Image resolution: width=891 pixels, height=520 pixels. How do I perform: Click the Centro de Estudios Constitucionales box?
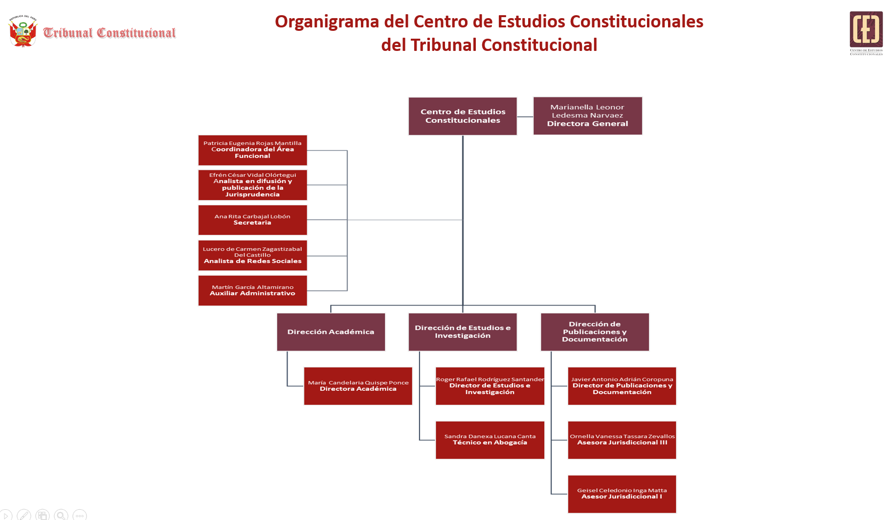463,116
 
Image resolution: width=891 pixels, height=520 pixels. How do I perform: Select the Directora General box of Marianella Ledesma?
587,116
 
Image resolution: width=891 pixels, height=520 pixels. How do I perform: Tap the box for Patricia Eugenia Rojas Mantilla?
252,150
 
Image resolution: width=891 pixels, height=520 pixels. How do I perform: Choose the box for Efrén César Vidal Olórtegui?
252,185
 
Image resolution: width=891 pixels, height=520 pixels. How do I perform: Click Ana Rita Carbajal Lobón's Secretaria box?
252,220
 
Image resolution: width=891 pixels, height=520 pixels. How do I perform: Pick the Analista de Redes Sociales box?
252,255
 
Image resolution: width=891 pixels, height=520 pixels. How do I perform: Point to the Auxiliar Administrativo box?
252,290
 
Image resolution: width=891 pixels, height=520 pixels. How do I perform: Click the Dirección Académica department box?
331,332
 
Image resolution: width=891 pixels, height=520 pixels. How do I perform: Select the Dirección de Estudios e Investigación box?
463,332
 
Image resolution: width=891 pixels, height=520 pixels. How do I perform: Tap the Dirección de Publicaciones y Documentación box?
595,332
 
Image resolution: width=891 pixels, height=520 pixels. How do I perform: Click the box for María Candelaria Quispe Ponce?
358,386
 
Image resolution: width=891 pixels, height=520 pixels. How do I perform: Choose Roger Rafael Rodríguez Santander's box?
490,386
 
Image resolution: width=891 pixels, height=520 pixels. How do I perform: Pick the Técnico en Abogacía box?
490,440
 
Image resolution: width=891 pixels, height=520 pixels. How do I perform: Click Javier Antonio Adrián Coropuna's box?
622,386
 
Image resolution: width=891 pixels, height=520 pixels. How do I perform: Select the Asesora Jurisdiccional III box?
622,440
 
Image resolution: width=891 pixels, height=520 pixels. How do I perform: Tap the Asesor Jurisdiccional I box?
622,494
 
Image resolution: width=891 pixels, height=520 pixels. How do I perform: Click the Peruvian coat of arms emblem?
22,31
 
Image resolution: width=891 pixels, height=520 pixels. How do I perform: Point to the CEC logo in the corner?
866,32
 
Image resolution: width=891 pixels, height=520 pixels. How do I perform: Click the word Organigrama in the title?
327,22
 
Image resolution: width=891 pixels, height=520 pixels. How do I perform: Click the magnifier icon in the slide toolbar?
61,515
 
